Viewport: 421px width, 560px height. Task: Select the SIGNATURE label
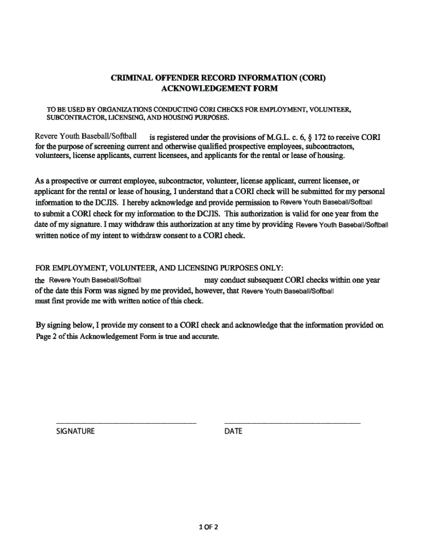[75, 431]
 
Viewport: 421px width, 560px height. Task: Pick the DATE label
[233, 431]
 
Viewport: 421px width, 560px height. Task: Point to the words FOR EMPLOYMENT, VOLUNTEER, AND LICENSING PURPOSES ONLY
[159, 268]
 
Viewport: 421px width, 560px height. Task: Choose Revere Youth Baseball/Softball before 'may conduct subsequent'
[96, 281]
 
